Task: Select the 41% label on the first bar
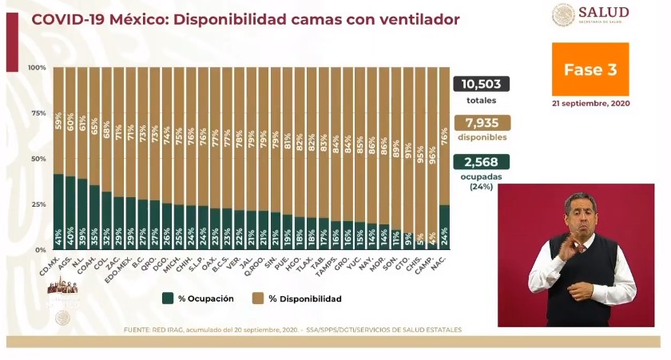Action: tap(59, 237)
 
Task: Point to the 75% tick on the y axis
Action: tap(38, 113)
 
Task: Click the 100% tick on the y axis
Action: tap(37, 68)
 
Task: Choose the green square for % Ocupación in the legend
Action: tap(168, 299)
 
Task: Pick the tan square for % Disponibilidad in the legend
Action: tap(256, 299)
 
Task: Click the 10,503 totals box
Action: tap(481, 85)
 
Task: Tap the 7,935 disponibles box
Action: tap(481, 123)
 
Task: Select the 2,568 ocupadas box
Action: tap(481, 162)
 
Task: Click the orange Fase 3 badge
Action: tap(590, 69)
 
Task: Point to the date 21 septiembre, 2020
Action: tap(590, 104)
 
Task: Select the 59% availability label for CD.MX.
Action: tap(59, 122)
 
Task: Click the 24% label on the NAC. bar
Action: tap(444, 237)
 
